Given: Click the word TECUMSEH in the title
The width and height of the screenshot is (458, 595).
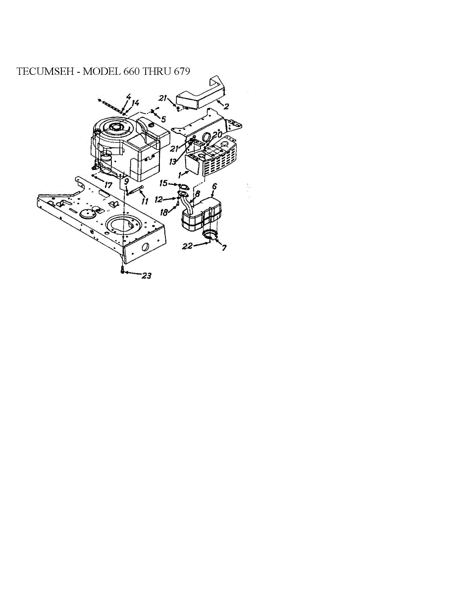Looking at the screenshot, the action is click(x=45, y=71).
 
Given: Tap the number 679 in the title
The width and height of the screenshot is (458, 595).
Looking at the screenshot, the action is click(x=181, y=71).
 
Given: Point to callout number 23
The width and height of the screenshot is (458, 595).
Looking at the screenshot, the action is click(x=147, y=276).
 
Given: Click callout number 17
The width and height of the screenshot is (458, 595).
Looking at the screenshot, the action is click(x=108, y=185).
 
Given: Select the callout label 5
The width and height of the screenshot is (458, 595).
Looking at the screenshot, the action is click(x=163, y=119).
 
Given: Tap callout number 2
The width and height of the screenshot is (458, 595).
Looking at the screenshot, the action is click(x=226, y=106).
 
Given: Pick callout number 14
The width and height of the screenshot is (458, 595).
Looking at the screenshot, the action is click(x=135, y=103).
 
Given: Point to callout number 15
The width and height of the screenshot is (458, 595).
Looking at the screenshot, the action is click(x=163, y=183).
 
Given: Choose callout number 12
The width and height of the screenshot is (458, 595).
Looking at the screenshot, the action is click(x=158, y=200).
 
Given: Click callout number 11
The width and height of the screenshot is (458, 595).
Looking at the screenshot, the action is click(x=145, y=202).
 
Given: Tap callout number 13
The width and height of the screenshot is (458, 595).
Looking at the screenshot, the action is click(x=173, y=162).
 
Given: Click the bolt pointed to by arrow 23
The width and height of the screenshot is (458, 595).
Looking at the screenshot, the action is click(x=122, y=270).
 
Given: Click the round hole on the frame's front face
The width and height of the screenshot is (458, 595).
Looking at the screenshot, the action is click(x=145, y=247).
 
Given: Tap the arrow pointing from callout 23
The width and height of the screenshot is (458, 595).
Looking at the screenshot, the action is click(x=133, y=273).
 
